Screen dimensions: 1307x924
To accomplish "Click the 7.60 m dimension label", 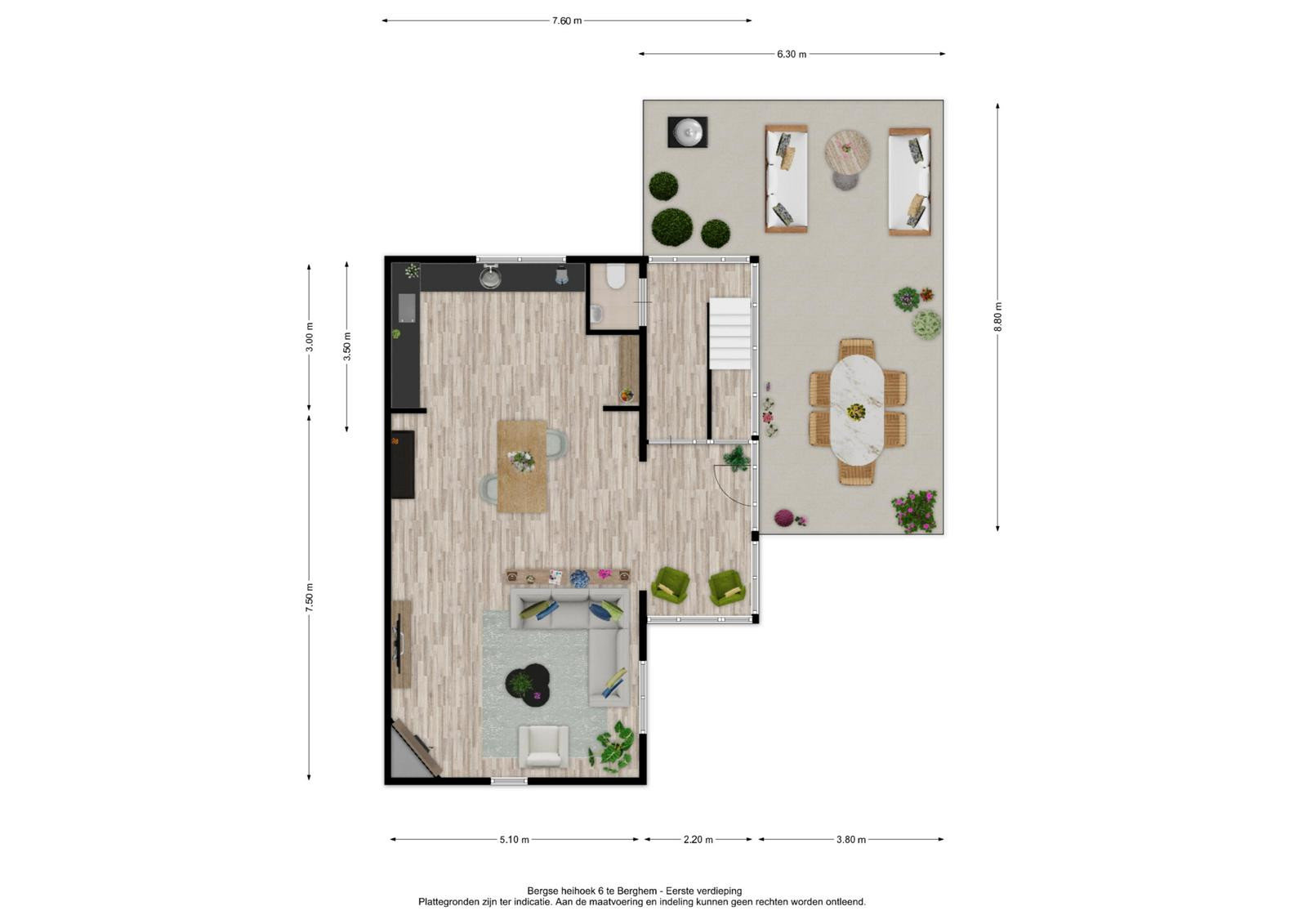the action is point(567,21).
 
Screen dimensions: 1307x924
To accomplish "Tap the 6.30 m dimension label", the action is point(792,54).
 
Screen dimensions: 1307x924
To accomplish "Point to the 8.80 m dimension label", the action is point(997,317).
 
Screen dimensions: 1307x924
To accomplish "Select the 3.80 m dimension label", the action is point(850,839).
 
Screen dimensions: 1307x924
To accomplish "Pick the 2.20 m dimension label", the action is point(698,839).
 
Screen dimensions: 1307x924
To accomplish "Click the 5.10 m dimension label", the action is point(514,839).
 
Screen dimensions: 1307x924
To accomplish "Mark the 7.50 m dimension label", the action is point(310,597).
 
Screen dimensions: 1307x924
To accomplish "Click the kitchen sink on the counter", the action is point(490,277).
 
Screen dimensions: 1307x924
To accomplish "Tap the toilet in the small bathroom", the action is point(615,277).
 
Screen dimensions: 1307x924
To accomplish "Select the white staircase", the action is point(729,333).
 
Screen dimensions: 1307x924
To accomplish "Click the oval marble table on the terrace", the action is point(857,410).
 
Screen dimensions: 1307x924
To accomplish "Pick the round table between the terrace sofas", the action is point(847,153).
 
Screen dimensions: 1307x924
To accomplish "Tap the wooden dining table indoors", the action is point(522,466).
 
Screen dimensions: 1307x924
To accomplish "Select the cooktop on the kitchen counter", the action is point(407,308).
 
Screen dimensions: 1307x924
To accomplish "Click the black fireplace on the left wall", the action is point(403,465).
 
